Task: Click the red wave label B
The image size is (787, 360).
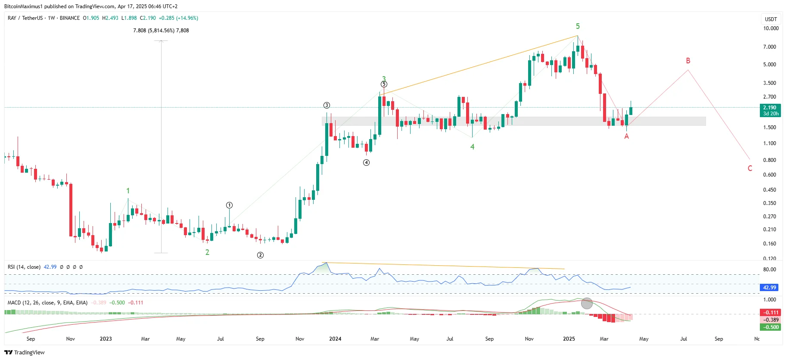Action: [x=688, y=61]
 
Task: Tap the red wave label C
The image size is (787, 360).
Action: [x=750, y=168]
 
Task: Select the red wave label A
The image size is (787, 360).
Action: [x=626, y=136]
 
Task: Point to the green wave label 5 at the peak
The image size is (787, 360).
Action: [x=578, y=26]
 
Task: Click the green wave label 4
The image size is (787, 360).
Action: [x=472, y=147]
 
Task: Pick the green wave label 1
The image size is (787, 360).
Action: [x=128, y=191]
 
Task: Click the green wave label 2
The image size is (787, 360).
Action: [x=207, y=252]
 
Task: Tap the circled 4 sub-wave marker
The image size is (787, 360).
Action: [x=366, y=162]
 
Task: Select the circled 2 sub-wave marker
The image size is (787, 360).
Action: [x=260, y=255]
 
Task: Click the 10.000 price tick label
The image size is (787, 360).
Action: [x=771, y=28]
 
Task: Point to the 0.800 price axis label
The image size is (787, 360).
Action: [x=769, y=160]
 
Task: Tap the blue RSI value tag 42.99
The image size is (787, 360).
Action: [x=770, y=288]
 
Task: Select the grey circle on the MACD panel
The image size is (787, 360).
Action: [x=587, y=303]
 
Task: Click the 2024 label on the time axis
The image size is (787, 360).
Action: [x=335, y=339]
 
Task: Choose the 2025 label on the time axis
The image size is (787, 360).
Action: [x=569, y=339]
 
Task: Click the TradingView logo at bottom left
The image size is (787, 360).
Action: [x=25, y=352]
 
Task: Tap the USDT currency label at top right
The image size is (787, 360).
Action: [x=771, y=19]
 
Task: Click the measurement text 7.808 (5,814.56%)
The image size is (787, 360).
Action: [x=154, y=31]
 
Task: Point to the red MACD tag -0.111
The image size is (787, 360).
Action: [x=770, y=313]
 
